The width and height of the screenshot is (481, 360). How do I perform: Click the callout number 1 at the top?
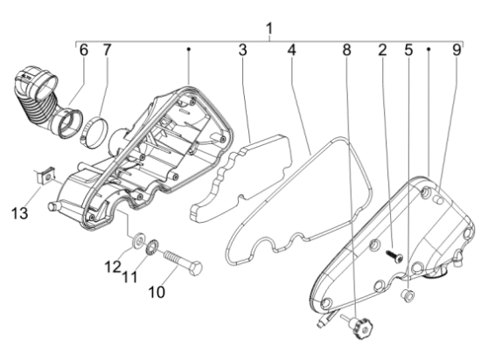(269, 29)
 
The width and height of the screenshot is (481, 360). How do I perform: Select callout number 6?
(83, 50)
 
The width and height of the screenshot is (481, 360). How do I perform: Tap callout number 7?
(107, 50)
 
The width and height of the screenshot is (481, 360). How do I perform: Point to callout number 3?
(242, 50)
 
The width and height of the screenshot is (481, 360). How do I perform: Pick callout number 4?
(292, 50)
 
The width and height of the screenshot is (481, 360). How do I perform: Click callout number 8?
(346, 50)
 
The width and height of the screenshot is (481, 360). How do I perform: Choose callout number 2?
(382, 50)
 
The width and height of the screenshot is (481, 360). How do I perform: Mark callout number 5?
(408, 50)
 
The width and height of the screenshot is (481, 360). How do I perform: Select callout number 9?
(457, 50)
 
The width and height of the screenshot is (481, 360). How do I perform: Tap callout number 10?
(157, 292)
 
